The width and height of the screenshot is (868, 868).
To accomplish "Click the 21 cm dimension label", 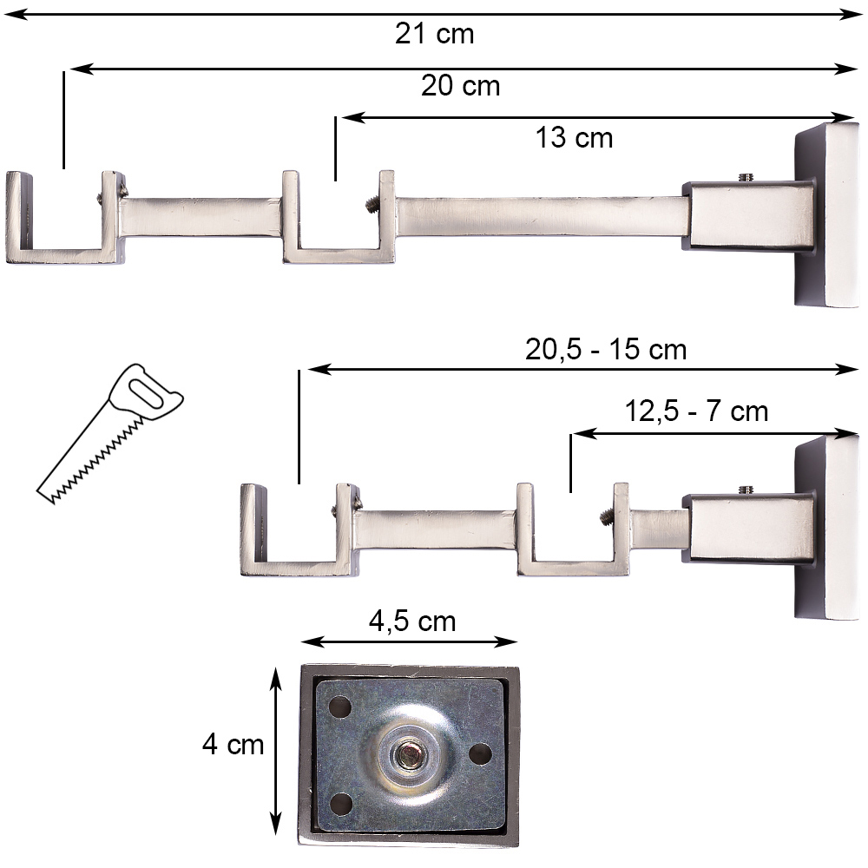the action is click(435, 34).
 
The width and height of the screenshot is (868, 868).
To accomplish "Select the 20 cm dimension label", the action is click(461, 86).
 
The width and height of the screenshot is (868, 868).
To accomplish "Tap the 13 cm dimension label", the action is click(574, 137).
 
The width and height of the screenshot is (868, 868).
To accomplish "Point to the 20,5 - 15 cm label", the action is click(606, 350).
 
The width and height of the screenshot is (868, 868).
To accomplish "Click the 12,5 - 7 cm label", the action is click(696, 411).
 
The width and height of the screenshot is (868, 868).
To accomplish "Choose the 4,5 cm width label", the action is click(412, 621).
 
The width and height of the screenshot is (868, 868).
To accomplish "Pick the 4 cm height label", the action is click(233, 744).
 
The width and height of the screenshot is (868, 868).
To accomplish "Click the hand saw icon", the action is click(109, 433).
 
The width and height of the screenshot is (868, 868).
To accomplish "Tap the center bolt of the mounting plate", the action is click(409, 755).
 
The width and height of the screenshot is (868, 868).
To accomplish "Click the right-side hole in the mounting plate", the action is click(480, 753).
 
